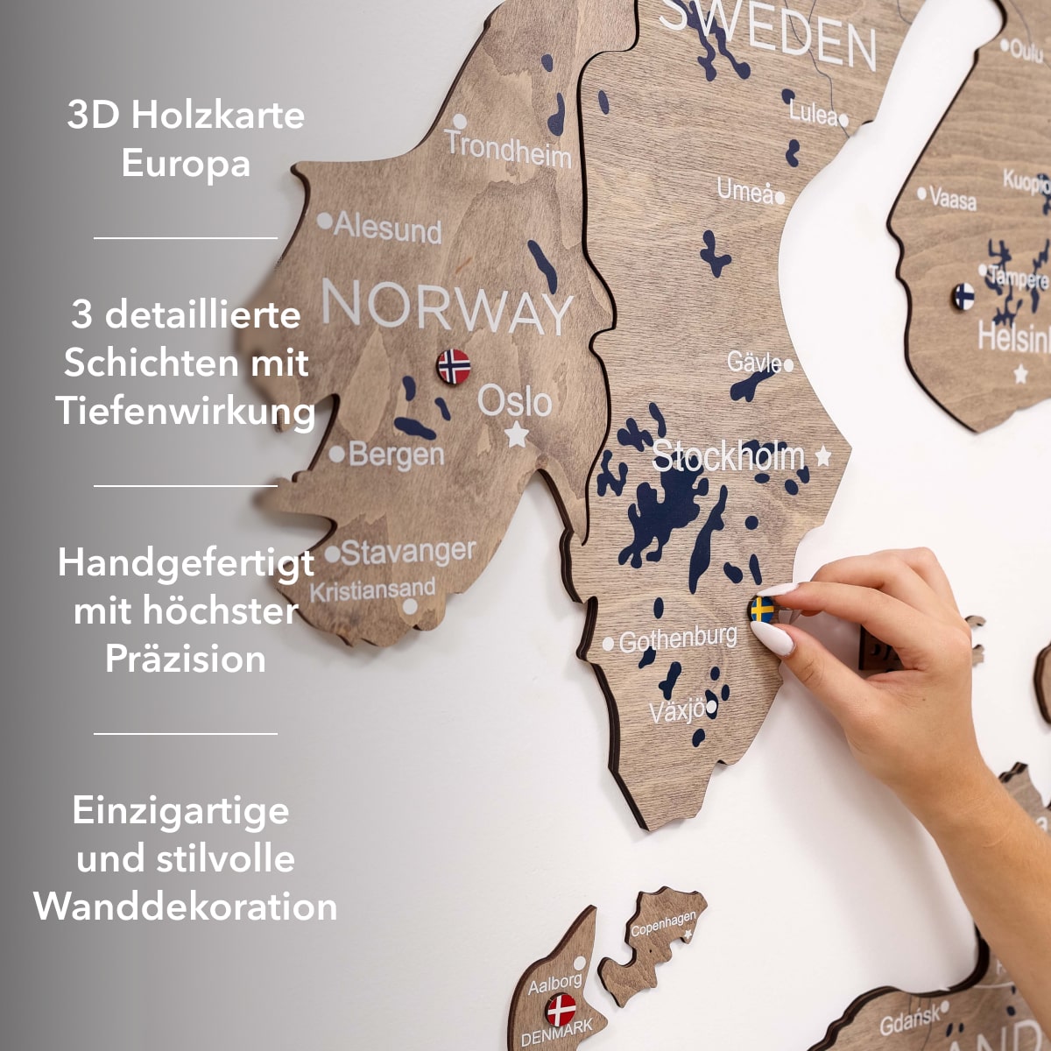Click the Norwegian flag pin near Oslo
pos(454,366)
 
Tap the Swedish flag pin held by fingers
pos(762,610)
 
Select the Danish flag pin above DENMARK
pos(561,1010)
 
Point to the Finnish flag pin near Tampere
pos(963,296)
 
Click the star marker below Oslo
pos(518,434)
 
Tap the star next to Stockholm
pos(823,455)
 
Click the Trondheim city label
pos(509,149)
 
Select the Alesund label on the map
pos(387,229)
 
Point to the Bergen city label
pos(396,455)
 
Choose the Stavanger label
pos(407,553)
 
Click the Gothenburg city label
pos(678,638)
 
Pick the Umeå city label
pos(745,190)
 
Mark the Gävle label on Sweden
pos(754,362)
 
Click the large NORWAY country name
pos(448,307)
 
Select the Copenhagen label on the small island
pos(663,923)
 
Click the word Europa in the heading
pos(186,164)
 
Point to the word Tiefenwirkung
pos(186,412)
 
